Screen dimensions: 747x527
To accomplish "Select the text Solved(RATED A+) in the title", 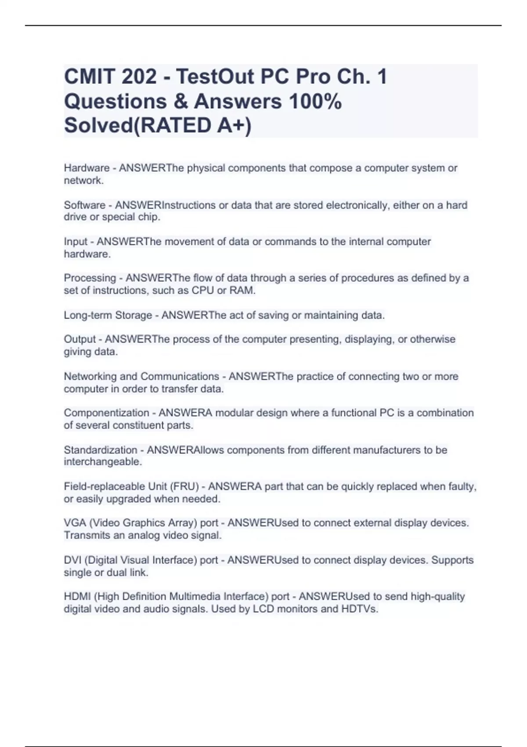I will coord(158,126).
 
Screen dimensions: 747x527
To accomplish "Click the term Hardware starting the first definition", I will coord(87,168).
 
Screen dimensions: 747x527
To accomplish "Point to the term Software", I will coord(85,205).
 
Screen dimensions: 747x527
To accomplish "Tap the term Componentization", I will coord(106,413).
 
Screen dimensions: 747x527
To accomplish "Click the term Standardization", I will coord(100,450).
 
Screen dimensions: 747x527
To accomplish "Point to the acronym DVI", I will coord(72,560).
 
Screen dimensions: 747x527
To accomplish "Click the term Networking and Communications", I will coord(141,377).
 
